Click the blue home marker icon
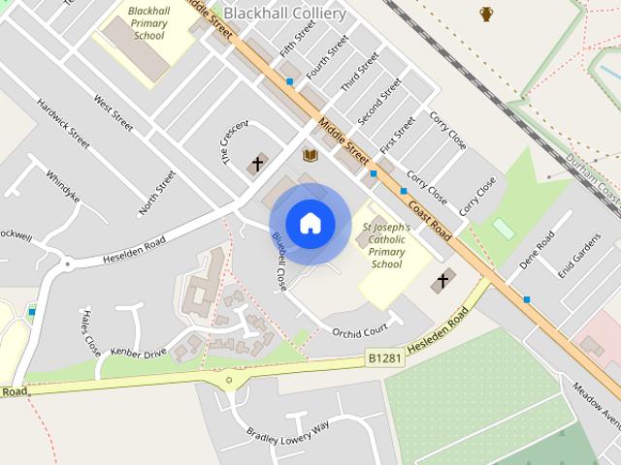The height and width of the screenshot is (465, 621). (310, 224)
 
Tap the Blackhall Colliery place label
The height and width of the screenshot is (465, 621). (283, 14)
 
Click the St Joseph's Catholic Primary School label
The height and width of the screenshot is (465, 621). (386, 245)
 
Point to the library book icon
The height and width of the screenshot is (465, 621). (310, 155)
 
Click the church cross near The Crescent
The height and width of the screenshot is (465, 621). (258, 164)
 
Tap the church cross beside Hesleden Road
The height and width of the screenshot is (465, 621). (442, 282)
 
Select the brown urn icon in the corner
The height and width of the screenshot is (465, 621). (486, 14)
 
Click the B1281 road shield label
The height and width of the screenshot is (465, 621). (384, 359)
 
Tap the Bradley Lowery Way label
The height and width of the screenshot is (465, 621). (288, 428)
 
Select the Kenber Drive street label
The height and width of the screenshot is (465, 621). (139, 353)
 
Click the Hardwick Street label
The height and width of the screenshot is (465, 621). (63, 123)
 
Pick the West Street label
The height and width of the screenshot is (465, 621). (113, 113)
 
